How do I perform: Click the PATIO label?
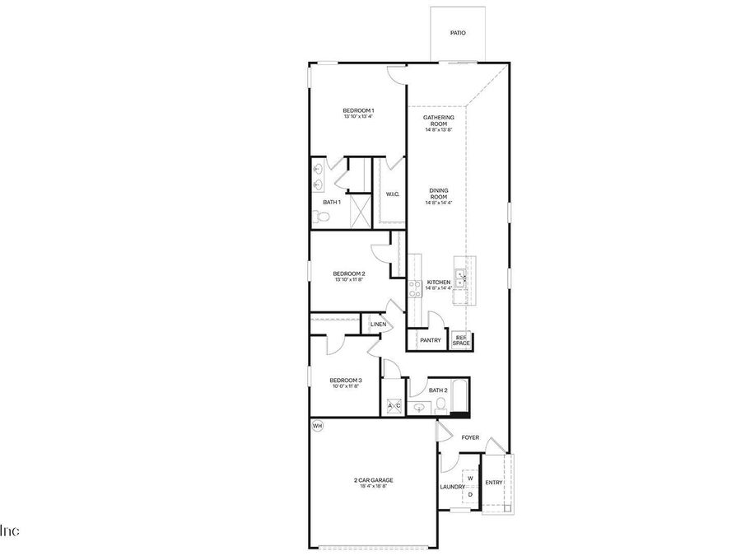tap(458, 33)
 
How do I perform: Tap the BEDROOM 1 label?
tap(358, 111)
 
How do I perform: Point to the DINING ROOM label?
tap(438, 194)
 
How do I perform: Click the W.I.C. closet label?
tap(393, 194)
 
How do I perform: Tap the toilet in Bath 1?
tap(321, 217)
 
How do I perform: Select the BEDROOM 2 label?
tap(349, 274)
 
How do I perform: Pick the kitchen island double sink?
tap(461, 278)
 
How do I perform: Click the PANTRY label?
tap(430, 340)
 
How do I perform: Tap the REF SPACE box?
tap(461, 339)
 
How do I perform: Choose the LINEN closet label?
tap(378, 325)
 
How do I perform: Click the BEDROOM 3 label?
tap(346, 381)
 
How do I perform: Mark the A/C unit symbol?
tap(394, 406)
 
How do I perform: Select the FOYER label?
tap(470, 437)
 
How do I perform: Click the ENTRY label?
tap(494, 483)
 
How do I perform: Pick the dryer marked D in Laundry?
tap(470, 494)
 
